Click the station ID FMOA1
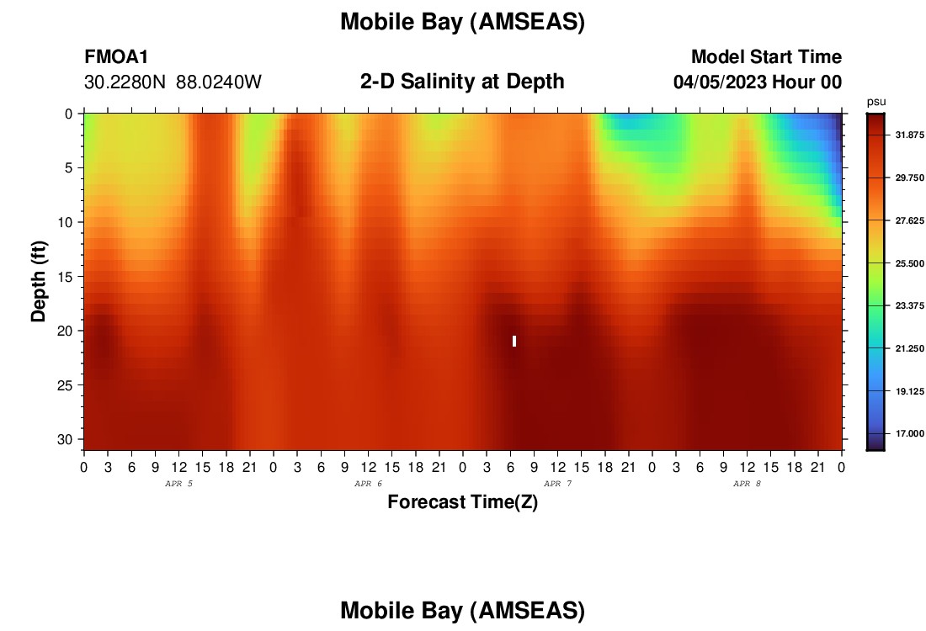(116, 56)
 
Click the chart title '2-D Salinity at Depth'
(462, 82)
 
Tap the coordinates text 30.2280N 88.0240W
(173, 82)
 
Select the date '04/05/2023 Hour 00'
(758, 82)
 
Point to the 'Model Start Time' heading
(767, 56)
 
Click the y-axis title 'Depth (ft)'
(39, 282)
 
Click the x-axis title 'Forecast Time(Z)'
(462, 501)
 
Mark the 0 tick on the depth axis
(69, 114)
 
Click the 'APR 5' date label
(178, 484)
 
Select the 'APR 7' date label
(557, 484)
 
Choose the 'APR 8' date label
(747, 484)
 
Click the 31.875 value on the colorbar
(909, 135)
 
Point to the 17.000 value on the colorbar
(909, 433)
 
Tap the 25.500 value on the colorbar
(909, 263)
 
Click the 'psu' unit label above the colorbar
(876, 102)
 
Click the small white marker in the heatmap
(514, 342)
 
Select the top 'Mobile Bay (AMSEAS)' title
(462, 22)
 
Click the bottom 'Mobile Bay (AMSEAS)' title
(462, 610)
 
